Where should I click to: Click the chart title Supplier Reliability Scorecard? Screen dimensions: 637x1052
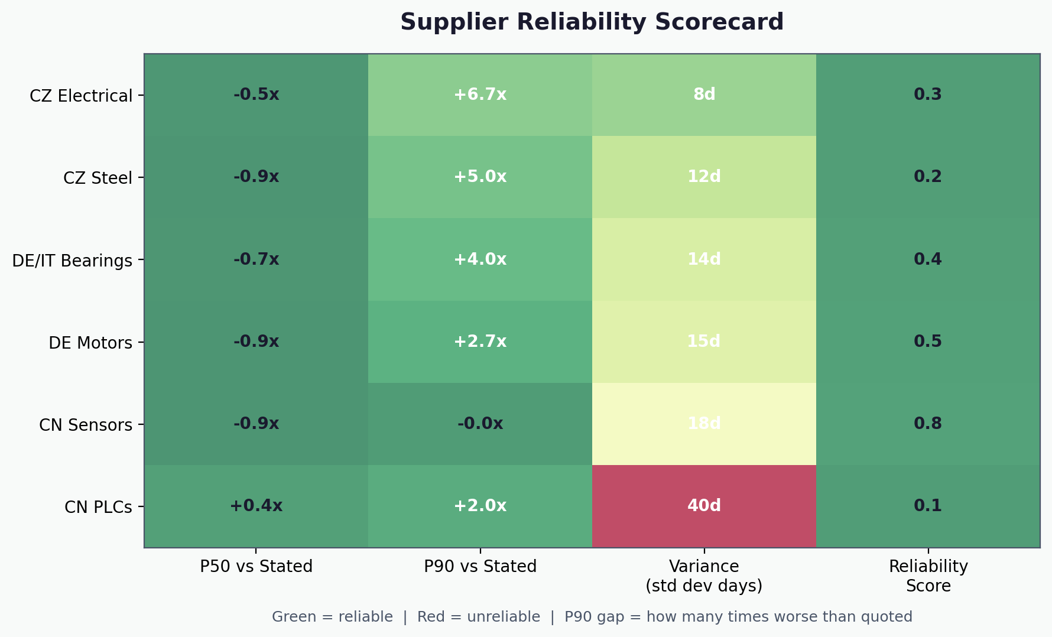(592, 22)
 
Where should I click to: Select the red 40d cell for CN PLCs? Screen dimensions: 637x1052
(704, 506)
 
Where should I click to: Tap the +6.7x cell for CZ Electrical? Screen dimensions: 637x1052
(480, 95)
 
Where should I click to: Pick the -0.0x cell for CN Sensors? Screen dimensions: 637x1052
(480, 424)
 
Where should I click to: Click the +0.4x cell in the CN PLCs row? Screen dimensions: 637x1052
(256, 506)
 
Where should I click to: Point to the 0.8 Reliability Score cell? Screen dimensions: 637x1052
(928, 424)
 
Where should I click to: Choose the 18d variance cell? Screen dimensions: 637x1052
(704, 424)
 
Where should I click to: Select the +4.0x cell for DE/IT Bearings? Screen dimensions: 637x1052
(480, 259)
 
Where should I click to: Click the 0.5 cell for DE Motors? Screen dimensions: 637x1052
(928, 342)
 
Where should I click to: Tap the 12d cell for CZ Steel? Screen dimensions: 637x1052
(704, 177)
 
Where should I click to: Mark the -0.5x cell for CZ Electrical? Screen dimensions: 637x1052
(256, 95)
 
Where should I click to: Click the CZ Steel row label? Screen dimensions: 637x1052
(98, 178)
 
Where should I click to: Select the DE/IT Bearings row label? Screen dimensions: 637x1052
(72, 261)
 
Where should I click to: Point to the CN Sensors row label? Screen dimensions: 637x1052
(86, 425)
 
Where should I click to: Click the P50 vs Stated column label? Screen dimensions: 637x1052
(256, 567)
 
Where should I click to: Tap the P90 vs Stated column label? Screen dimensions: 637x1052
(480, 567)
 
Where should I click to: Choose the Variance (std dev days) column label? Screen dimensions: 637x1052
(704, 576)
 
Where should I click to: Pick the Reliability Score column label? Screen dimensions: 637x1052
(928, 576)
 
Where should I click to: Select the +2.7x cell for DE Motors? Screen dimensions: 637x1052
(480, 342)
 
